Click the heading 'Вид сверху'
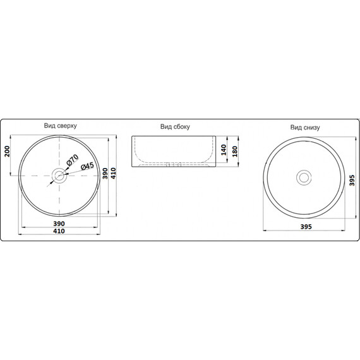pos(61,126)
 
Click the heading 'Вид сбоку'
pos(175,127)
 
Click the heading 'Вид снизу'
pos(305,128)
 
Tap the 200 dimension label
pos(8,152)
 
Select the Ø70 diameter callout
pos(73,160)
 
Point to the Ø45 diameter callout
pos(87,166)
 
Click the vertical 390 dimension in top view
pos(105,173)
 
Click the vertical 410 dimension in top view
pos(114,173)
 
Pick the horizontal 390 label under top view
pos(59,224)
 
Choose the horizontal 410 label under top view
pos(59,231)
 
